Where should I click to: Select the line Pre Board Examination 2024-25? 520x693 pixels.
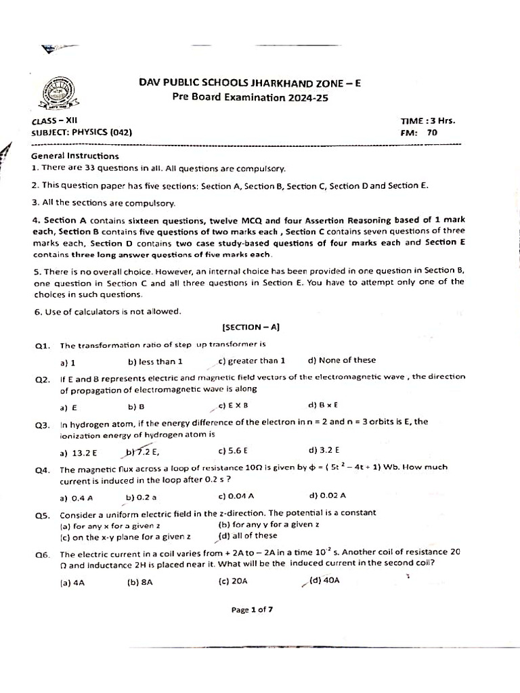pyautogui.click(x=250, y=97)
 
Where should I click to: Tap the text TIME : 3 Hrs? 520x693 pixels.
pyautogui.click(x=428, y=121)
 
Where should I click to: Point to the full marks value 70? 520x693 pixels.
pyautogui.click(x=432, y=133)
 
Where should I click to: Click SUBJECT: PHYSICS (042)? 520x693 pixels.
pyautogui.click(x=82, y=133)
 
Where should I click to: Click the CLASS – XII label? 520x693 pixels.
pyautogui.click(x=60, y=121)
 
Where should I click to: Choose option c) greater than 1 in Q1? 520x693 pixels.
pyautogui.click(x=252, y=361)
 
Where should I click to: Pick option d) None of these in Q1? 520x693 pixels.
pyautogui.click(x=341, y=361)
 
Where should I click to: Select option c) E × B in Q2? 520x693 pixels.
pyautogui.click(x=233, y=406)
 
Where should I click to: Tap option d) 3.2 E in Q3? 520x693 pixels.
pyautogui.click(x=324, y=450)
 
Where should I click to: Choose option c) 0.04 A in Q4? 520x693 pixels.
pyautogui.click(x=236, y=495)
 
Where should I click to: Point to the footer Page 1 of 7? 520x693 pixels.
pyautogui.click(x=252, y=609)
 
